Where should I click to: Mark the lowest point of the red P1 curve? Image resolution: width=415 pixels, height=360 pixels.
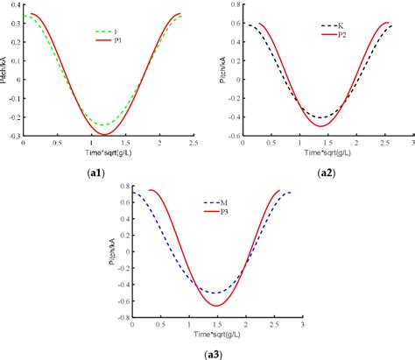(106, 134)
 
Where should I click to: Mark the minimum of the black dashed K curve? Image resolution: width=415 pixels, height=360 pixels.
(321, 117)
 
